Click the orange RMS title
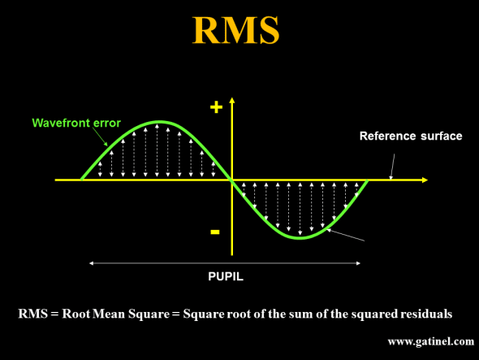click(235, 30)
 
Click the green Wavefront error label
click(76, 123)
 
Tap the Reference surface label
click(411, 136)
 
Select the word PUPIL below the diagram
click(226, 276)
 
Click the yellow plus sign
click(216, 107)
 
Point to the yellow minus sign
click(215, 232)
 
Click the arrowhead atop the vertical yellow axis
click(232, 101)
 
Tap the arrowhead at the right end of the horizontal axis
click(425, 180)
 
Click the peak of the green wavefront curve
click(160, 122)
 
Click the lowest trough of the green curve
click(300, 237)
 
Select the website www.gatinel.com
click(431, 341)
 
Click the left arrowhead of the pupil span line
click(91, 263)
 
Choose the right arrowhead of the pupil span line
click(358, 263)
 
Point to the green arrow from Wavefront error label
click(100, 137)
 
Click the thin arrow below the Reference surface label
click(392, 167)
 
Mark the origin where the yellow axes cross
click(232, 180)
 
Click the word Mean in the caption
click(109, 314)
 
